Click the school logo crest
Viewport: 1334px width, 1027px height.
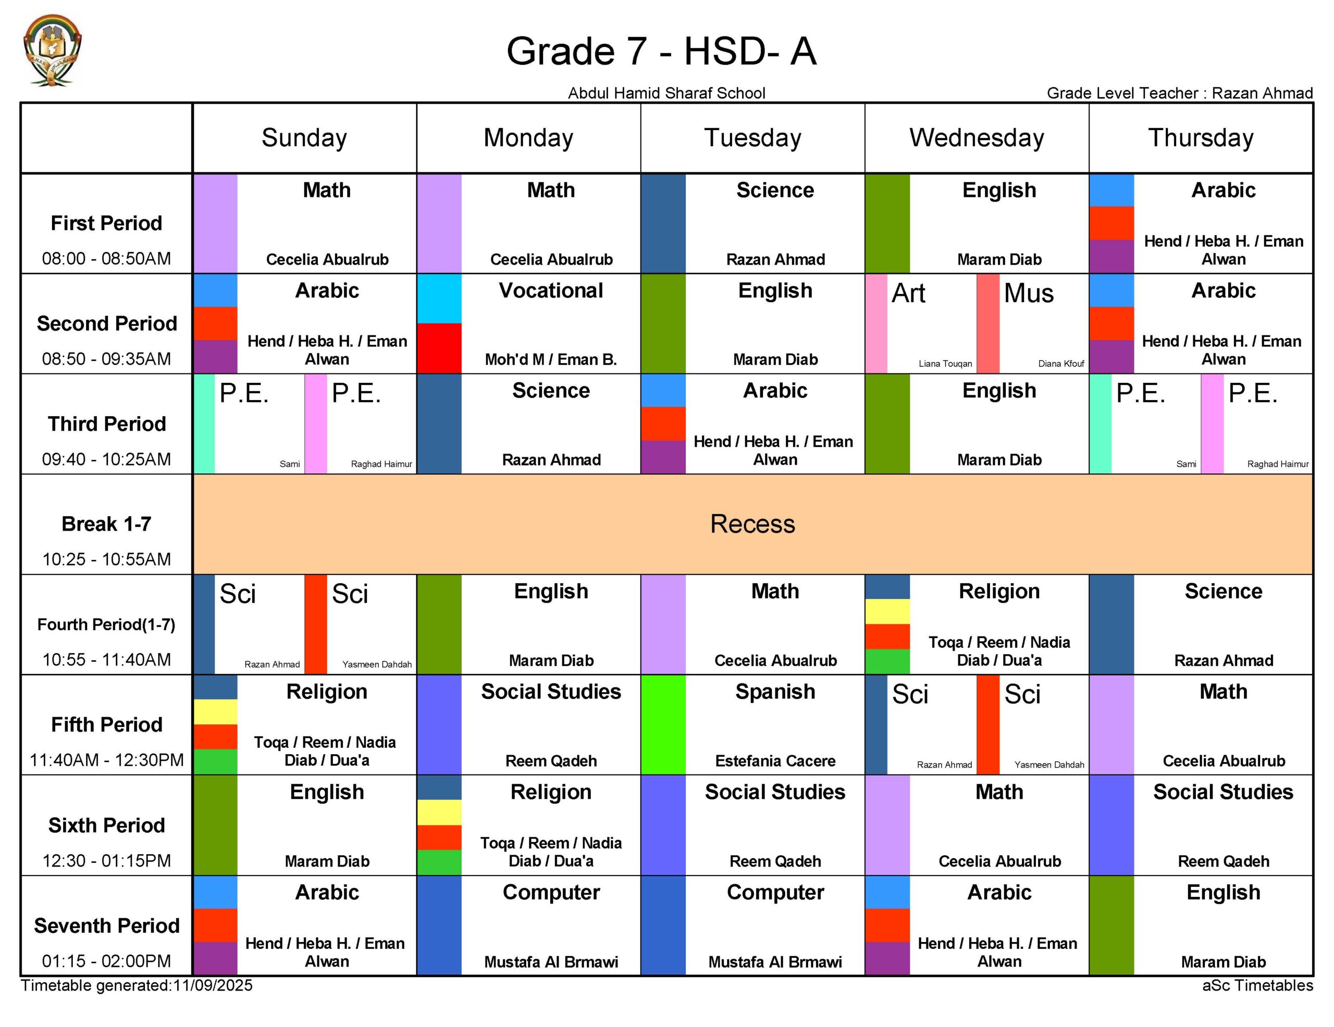click(x=52, y=50)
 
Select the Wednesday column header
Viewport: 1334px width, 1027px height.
click(x=976, y=138)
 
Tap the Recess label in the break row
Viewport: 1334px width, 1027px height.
click(x=752, y=524)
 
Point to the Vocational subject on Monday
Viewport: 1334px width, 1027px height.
click(x=551, y=291)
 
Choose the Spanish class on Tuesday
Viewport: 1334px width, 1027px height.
click(x=775, y=691)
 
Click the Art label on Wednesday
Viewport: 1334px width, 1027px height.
click(x=908, y=294)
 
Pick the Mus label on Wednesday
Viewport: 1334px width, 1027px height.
click(x=1029, y=294)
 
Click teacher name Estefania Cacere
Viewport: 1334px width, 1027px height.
click(x=775, y=761)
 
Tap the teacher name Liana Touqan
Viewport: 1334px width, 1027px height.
click(x=945, y=364)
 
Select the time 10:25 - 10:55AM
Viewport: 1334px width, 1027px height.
click(x=106, y=559)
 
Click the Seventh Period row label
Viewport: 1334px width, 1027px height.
click(x=106, y=925)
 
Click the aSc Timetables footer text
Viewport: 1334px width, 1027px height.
click(x=1257, y=985)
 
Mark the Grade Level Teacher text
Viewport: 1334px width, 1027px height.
click(x=1179, y=93)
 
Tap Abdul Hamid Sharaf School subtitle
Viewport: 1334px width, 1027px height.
click(x=666, y=93)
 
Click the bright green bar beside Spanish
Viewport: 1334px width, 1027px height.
click(x=663, y=725)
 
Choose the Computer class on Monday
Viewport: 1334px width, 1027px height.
click(x=551, y=892)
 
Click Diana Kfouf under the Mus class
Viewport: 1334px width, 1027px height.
click(x=1061, y=364)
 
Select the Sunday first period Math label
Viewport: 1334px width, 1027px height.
click(x=327, y=191)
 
